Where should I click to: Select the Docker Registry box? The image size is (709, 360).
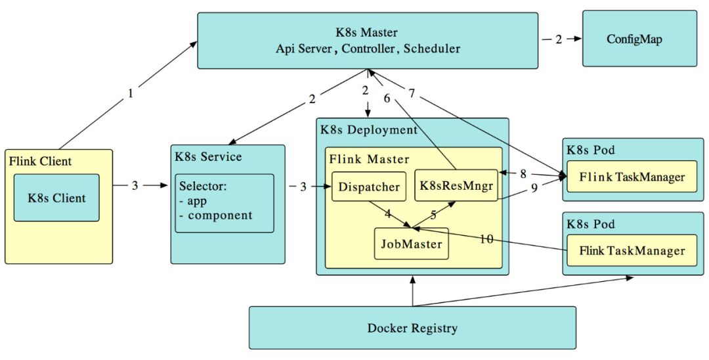coord(412,328)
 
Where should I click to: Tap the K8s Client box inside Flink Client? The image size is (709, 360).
coord(56,197)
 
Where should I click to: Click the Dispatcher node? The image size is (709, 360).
coord(369,187)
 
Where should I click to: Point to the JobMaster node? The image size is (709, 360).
coord(411,244)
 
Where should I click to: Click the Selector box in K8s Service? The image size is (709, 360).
coord(224,202)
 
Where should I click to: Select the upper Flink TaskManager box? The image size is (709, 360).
coord(632,176)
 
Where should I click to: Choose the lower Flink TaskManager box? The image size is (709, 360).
coord(632,250)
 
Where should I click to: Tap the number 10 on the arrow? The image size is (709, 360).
coord(486,239)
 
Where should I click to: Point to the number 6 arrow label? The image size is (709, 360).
coord(387,99)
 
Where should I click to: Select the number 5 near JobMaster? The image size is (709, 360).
coord(433,214)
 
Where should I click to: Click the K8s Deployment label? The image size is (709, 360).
coord(368,129)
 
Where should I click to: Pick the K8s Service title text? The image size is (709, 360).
coord(208,156)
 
